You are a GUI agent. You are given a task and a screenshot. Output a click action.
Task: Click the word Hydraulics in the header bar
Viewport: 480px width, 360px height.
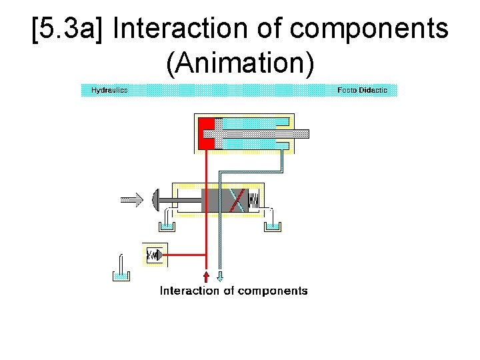coord(109,90)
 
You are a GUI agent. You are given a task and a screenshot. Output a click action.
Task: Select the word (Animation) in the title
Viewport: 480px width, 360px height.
coord(239,63)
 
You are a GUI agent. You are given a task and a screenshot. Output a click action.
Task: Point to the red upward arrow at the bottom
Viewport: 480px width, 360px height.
coord(206,276)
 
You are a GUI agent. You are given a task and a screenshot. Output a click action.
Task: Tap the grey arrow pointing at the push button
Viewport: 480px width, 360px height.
coord(132,198)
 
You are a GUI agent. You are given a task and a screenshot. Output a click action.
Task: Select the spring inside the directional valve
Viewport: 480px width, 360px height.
coord(254,199)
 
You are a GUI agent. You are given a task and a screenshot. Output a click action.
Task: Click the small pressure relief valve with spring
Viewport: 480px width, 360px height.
coord(155,255)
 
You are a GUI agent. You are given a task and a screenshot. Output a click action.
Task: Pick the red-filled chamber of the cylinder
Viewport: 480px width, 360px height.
coord(206,133)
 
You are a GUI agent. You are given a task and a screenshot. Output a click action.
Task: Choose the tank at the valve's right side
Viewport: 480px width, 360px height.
coord(272,226)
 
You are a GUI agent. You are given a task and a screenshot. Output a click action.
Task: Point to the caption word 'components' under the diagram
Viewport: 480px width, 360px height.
coord(273,291)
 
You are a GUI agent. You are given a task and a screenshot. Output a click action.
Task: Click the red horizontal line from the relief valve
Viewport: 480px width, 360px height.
coord(187,255)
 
